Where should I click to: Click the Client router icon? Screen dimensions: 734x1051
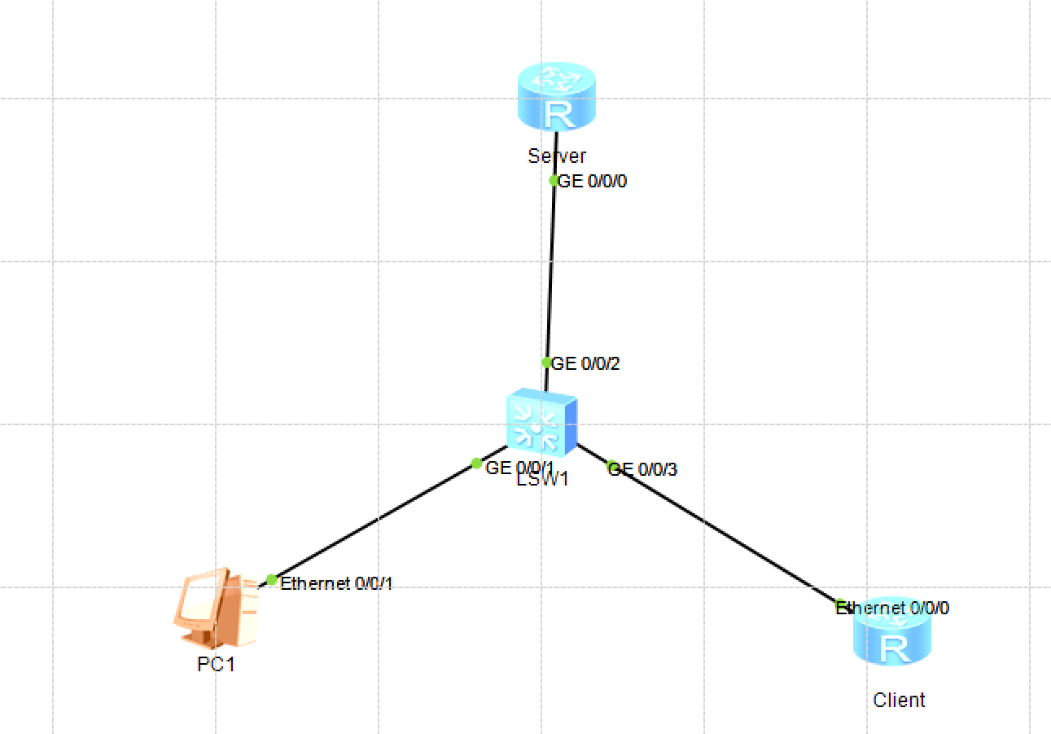[892, 640]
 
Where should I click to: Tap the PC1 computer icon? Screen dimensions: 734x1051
[215, 608]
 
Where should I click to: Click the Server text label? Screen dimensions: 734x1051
[557, 156]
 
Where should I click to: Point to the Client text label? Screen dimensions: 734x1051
[899, 700]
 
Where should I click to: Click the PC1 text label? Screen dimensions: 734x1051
[217, 664]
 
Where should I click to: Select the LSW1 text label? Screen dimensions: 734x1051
[542, 479]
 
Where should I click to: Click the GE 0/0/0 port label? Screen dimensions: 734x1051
[592, 181]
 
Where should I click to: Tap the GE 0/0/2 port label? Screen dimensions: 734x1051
[585, 363]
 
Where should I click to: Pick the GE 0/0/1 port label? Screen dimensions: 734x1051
[519, 468]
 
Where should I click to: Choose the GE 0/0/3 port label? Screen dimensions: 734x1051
[643, 469]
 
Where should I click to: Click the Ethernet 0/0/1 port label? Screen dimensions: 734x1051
[336, 583]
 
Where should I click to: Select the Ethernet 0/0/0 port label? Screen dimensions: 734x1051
[893, 608]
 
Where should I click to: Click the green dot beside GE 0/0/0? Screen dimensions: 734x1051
[554, 180]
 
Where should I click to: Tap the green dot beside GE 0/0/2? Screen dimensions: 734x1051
[547, 363]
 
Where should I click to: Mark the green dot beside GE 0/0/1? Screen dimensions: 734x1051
[477, 464]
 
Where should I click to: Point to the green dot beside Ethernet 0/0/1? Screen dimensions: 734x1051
[271, 579]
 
